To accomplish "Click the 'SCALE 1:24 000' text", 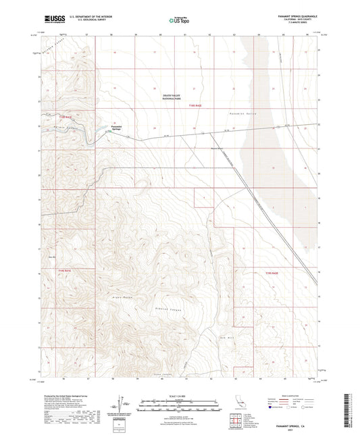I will [x=179, y=396].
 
